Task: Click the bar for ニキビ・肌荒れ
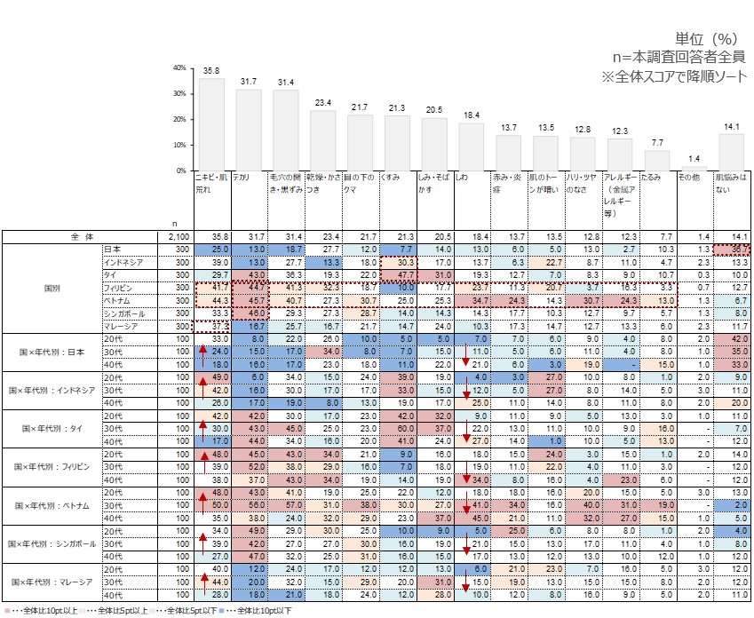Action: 210,124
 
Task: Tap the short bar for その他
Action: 694,169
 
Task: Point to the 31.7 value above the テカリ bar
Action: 249,82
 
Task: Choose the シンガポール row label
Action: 123,313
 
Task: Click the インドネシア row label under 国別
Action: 123,263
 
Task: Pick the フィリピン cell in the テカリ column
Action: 248,289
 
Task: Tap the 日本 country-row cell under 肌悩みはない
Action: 731,250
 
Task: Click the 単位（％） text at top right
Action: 707,39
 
